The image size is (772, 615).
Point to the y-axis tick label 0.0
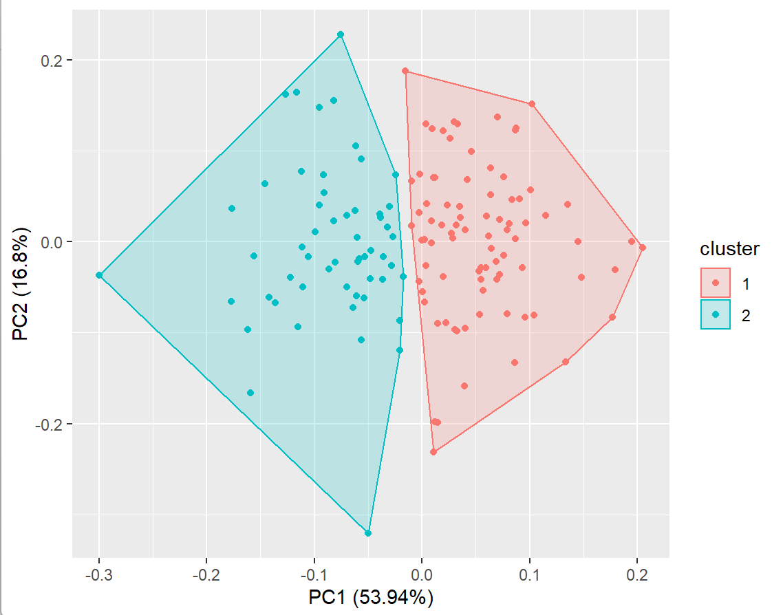tap(52, 242)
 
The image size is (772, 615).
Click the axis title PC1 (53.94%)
tap(371, 597)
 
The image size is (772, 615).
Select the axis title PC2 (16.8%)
tap(20, 283)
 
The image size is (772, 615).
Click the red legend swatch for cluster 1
tap(716, 283)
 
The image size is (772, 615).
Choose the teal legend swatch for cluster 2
tap(716, 314)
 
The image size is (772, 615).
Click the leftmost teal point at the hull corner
tap(99, 275)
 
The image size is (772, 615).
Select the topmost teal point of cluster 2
tap(340, 34)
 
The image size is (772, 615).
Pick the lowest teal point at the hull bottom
tap(368, 533)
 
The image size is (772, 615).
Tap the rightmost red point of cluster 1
tap(643, 248)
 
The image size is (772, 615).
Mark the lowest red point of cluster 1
tap(433, 452)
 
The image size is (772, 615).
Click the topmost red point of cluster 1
tap(405, 71)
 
